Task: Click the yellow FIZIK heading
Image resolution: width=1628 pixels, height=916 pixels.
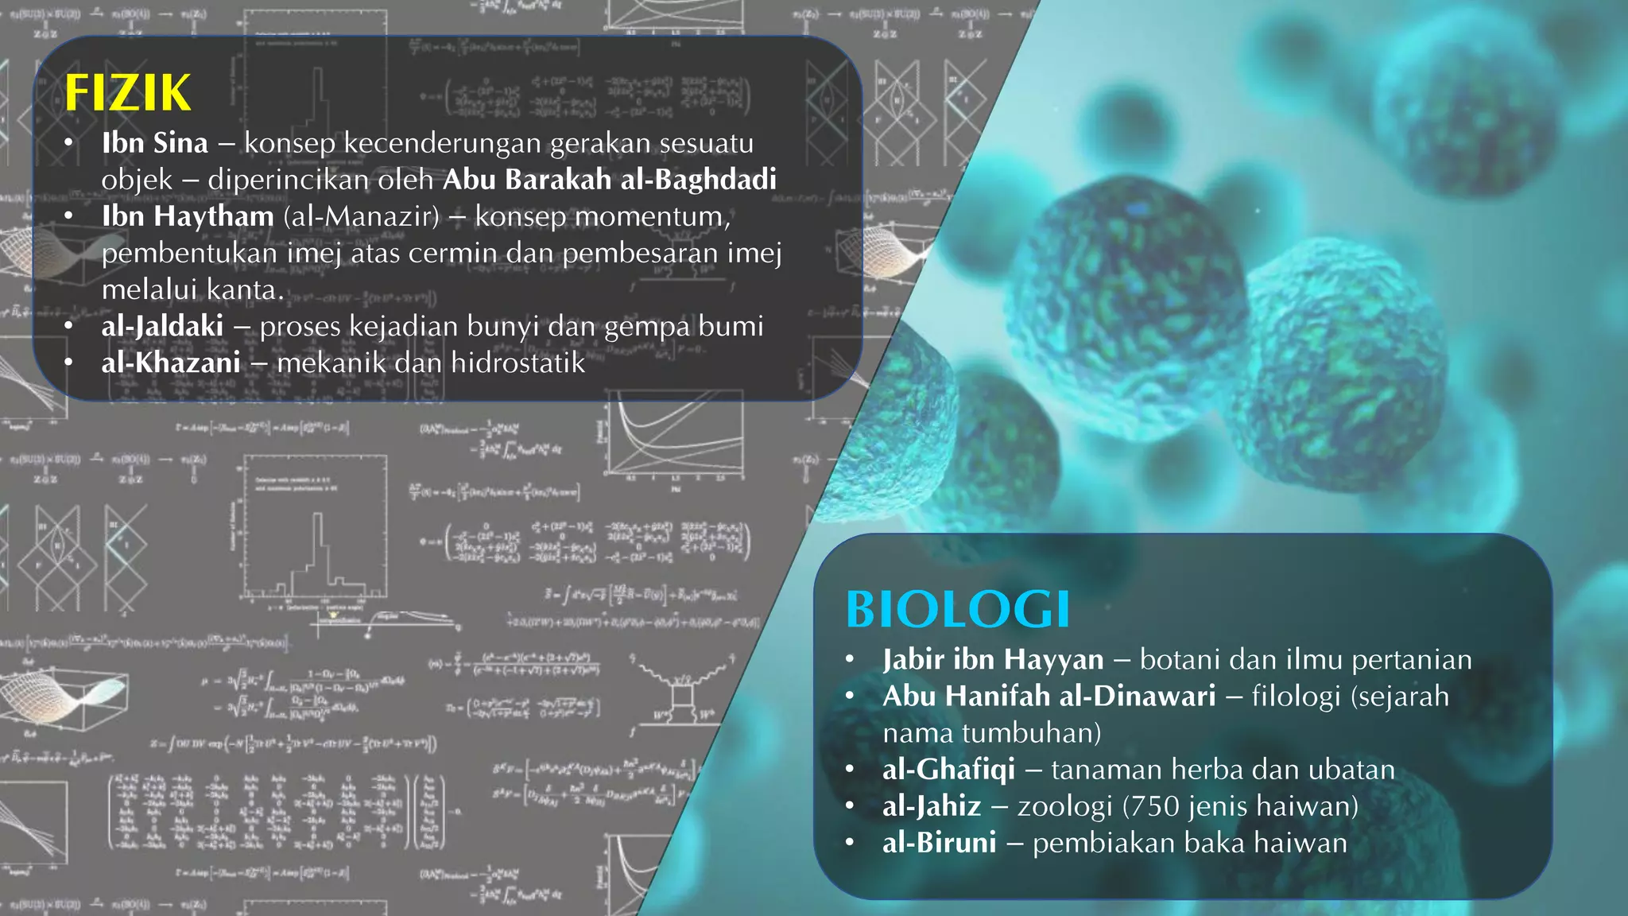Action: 127,93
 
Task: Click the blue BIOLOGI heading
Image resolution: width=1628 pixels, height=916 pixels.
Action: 957,610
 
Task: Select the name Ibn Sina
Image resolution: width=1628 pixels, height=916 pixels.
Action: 155,143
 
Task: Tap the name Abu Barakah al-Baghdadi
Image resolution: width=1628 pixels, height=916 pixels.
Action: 610,180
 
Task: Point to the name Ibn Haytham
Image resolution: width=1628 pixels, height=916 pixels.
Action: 188,216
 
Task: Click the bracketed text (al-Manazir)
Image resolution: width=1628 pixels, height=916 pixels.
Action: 361,216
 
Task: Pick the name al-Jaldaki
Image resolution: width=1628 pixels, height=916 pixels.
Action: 162,326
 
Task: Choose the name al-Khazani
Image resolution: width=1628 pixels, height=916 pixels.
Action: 170,363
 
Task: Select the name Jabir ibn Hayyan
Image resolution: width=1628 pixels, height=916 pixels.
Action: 993,659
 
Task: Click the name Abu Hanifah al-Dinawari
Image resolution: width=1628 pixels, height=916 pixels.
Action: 1049,696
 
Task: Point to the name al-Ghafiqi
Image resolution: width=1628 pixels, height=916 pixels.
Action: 948,770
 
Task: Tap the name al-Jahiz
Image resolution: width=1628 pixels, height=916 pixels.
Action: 932,806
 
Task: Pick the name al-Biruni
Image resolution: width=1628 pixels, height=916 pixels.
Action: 939,843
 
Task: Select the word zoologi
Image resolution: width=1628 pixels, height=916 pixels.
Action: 1064,806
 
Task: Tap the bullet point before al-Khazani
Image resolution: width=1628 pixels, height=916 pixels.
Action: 69,363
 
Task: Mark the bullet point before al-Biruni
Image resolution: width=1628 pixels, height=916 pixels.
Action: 850,843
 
